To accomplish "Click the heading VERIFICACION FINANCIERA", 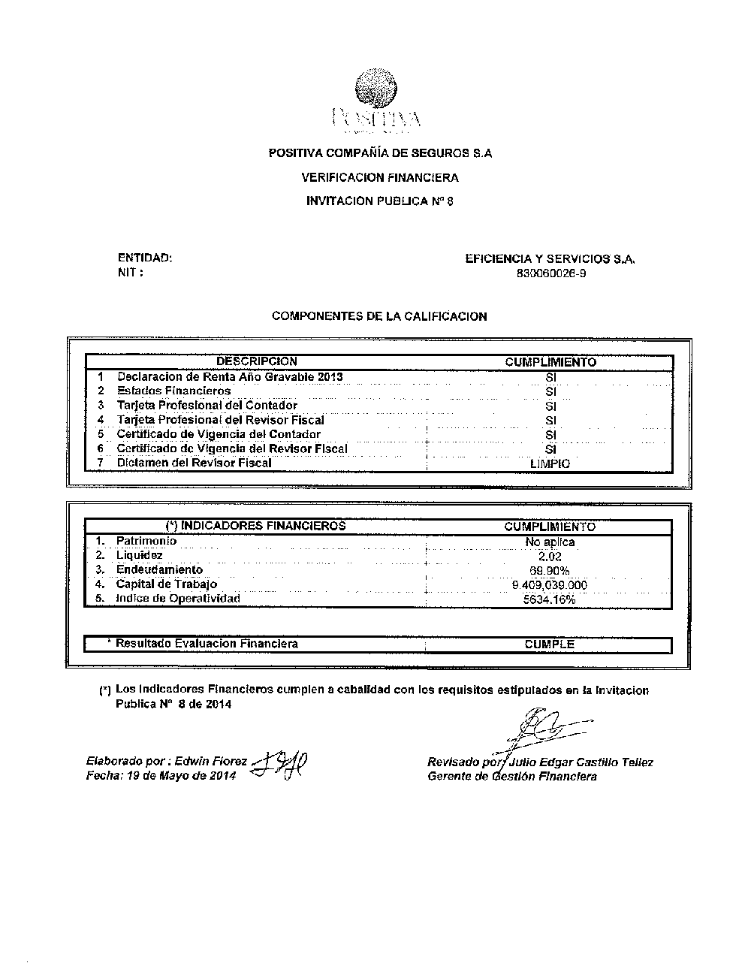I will (380, 178).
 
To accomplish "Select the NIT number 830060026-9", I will (551, 273).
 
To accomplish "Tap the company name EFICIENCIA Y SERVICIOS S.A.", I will (550, 258).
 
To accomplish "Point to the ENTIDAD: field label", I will (145, 258).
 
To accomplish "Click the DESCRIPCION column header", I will (257, 361).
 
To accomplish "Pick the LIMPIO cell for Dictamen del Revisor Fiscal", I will (550, 463).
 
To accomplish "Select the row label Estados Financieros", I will (173, 391).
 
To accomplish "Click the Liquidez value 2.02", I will (550, 557).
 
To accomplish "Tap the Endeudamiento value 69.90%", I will (550, 571).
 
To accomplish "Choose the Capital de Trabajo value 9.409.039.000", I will (550, 585).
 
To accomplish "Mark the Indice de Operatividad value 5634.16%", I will (550, 599).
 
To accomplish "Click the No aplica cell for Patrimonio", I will (550, 542).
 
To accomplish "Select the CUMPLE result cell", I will (550, 644).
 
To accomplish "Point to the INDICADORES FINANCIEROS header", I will (255, 526).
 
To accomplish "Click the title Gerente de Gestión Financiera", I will (512, 777).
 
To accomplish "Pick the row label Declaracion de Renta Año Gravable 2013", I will (230, 376).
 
